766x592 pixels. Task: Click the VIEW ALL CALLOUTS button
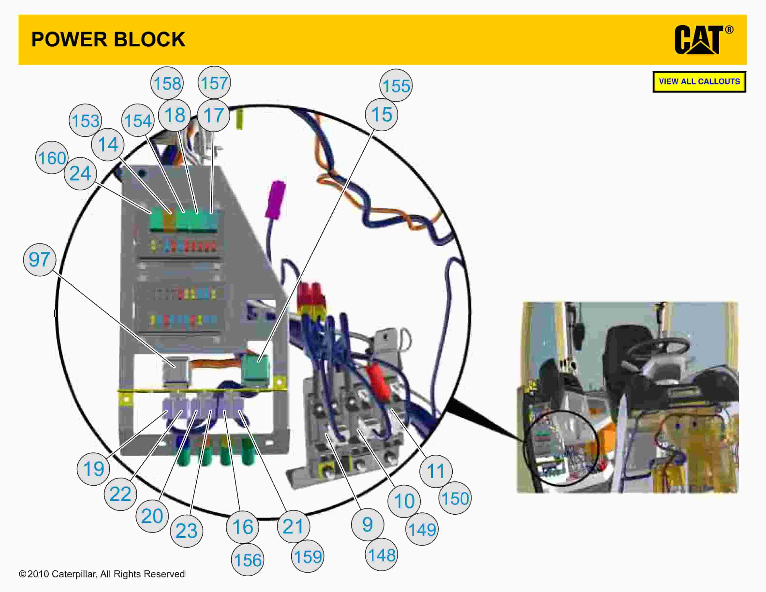click(699, 82)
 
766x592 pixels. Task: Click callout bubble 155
click(396, 86)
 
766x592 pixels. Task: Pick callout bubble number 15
click(381, 115)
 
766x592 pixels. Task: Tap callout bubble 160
click(52, 158)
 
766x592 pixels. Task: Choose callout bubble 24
click(80, 174)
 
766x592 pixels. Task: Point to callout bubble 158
click(167, 83)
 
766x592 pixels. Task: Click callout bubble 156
click(247, 560)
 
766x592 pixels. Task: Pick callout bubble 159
click(308, 557)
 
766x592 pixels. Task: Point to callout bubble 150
click(455, 498)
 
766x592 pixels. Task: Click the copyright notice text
click(102, 574)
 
